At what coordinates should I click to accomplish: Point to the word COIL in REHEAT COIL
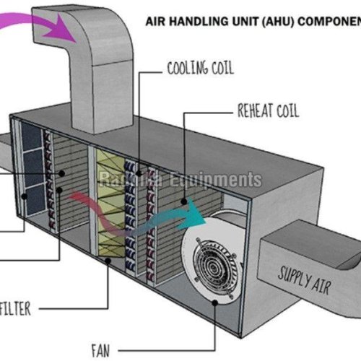(284, 111)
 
